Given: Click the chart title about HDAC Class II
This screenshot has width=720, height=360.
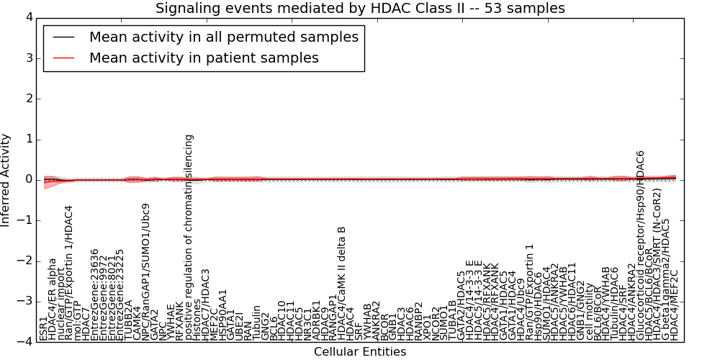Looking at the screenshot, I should point(360,8).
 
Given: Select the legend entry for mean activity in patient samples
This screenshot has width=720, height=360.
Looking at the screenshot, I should point(204,58).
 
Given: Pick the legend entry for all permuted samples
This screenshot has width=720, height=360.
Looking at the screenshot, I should point(223,37).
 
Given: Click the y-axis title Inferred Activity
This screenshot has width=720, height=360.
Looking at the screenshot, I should point(6,180).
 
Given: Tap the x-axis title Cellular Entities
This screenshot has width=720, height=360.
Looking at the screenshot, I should point(360,352).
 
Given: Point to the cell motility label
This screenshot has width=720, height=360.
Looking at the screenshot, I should point(590,312).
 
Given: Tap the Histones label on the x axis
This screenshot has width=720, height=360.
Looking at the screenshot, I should point(198,323).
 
